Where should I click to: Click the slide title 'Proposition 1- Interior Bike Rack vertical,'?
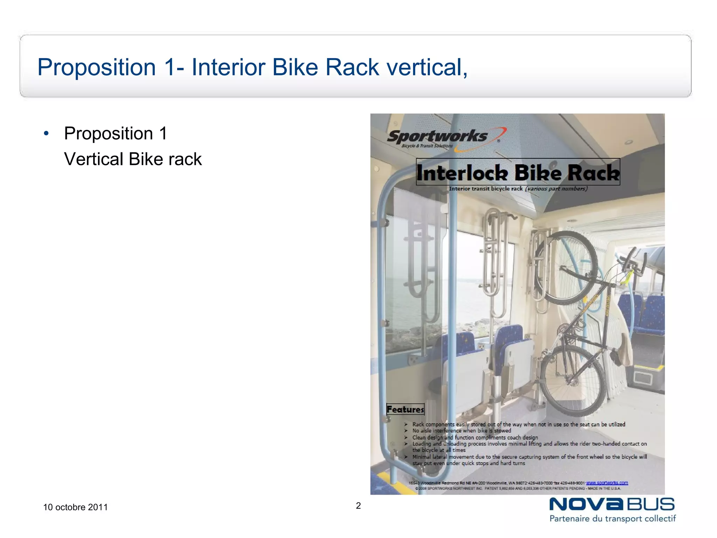tap(252, 67)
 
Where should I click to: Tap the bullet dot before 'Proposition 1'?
tap(46, 133)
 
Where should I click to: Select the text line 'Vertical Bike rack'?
tap(133, 159)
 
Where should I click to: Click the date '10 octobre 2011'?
tap(75, 507)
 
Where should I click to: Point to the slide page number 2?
tap(358, 505)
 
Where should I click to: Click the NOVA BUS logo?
tap(612, 505)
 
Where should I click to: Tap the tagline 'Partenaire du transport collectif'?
tap(612, 519)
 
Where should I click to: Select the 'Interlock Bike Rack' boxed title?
tap(518, 172)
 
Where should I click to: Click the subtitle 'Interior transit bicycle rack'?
tap(486, 189)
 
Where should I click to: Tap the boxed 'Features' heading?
tap(405, 409)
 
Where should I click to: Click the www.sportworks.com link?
tap(607, 483)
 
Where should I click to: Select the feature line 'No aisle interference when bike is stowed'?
tap(461, 431)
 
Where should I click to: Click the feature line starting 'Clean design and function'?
tap(475, 437)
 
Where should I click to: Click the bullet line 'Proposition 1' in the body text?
tap(116, 133)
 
